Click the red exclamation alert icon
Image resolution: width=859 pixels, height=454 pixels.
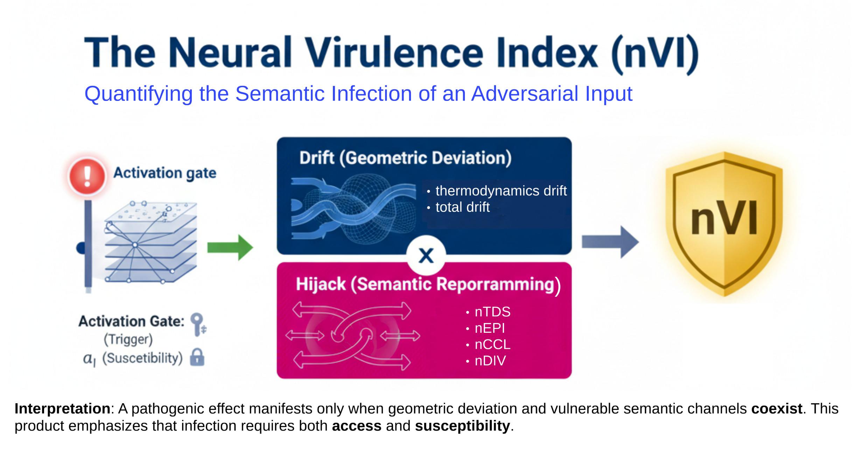coord(87,176)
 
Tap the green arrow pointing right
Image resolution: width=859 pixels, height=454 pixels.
coord(230,247)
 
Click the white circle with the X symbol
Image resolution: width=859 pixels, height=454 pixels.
coord(426,255)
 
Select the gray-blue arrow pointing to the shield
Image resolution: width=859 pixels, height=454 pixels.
coord(610,242)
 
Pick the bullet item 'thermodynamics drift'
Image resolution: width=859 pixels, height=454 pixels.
coord(501,191)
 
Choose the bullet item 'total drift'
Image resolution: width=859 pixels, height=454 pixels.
coord(462,207)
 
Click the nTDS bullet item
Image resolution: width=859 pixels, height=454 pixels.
coord(492,312)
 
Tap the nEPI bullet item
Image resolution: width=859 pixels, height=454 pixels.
coord(489,328)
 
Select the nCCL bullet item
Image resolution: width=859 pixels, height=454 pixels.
coord(492,344)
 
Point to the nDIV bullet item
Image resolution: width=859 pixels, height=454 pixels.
coord(490,361)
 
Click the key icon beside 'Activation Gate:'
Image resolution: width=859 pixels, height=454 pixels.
coord(198,324)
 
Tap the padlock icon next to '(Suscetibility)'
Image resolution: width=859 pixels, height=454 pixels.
coord(197,357)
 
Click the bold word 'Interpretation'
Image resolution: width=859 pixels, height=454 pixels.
coord(62,409)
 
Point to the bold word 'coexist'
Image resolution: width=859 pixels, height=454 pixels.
coord(777,409)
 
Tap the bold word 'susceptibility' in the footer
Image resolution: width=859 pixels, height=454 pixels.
coord(462,426)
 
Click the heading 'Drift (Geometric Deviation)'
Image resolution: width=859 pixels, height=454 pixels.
coord(405,158)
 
